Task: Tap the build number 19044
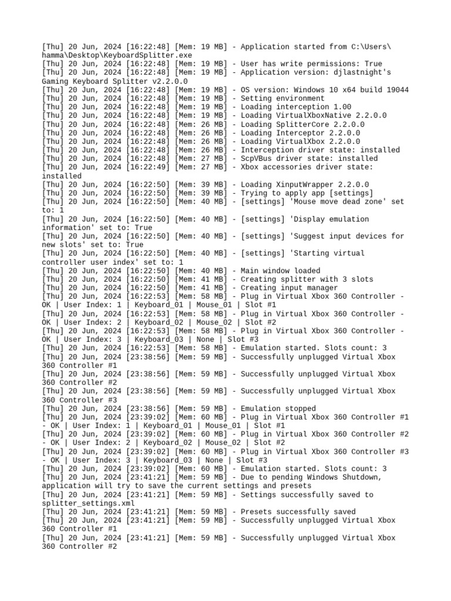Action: tap(396, 90)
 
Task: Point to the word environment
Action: tap(300, 99)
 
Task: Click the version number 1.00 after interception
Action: tap(341, 107)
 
